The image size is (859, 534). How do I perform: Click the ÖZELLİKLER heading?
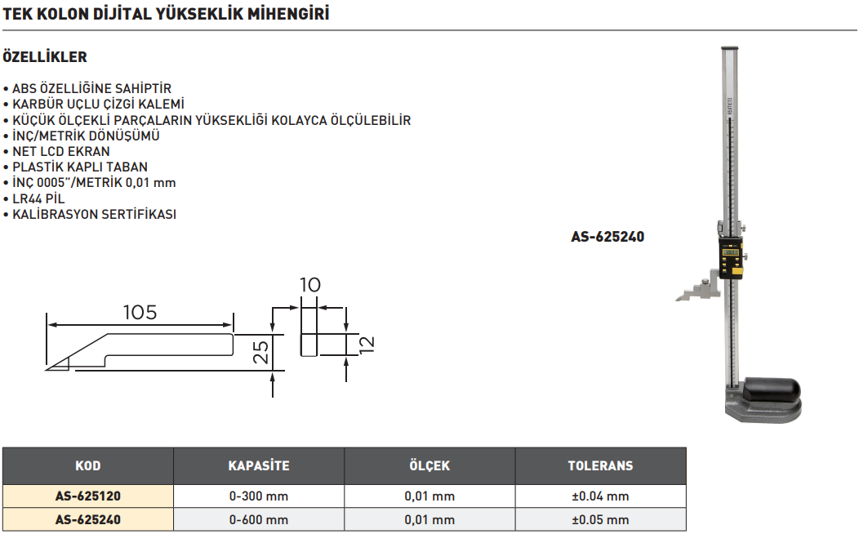[45, 58]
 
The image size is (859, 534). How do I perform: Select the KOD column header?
[87, 466]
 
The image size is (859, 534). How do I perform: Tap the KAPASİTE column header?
[258, 466]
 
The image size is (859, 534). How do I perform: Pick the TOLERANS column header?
[600, 466]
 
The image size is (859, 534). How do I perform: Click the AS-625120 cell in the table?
[87, 496]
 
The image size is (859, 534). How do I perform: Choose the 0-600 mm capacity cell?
[258, 519]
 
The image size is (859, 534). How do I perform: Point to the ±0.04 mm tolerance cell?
[600, 496]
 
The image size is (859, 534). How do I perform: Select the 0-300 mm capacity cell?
[258, 496]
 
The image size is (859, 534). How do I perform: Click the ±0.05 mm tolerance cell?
[600, 519]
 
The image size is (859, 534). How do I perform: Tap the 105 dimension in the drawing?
[140, 312]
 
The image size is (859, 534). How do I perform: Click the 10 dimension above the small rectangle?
[309, 285]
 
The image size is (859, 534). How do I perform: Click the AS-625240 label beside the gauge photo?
[608, 238]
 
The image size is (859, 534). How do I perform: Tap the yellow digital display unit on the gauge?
[732, 259]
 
